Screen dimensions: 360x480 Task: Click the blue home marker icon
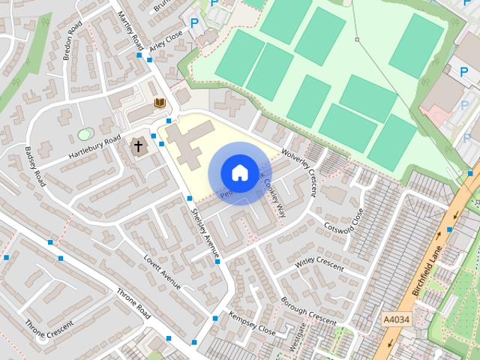pyautogui.click(x=239, y=172)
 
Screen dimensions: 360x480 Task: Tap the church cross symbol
pyautogui.click(x=138, y=145)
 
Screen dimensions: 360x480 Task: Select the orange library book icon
pyautogui.click(x=159, y=102)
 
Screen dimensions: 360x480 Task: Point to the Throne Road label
pyautogui.click(x=133, y=301)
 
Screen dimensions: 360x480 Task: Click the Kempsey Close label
pyautogui.click(x=253, y=322)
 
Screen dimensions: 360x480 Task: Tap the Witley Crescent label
pyautogui.click(x=319, y=264)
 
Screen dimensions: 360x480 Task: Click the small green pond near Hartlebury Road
pyautogui.click(x=83, y=134)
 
